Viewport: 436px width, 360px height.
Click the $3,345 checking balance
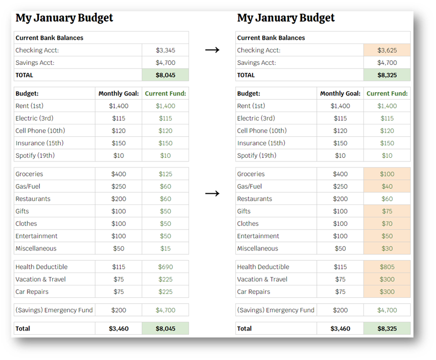click(x=165, y=50)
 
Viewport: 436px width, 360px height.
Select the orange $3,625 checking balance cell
click(x=387, y=50)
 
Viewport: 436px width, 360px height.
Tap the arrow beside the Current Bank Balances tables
click(x=213, y=50)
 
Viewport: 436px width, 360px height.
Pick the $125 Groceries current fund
click(x=165, y=174)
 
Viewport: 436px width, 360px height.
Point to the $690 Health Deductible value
click(x=165, y=267)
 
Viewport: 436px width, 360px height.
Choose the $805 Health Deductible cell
click(x=387, y=267)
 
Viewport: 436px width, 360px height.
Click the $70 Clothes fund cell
click(x=387, y=224)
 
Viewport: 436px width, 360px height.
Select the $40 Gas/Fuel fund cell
click(x=387, y=187)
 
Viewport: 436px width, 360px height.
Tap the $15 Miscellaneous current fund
click(x=165, y=248)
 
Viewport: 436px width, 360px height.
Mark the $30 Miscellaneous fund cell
click(x=387, y=248)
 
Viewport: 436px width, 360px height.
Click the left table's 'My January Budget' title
click(x=64, y=18)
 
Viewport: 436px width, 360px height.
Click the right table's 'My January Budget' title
click(x=286, y=18)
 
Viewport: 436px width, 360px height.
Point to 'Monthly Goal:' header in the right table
click(x=340, y=93)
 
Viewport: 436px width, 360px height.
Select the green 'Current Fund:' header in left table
click(x=165, y=93)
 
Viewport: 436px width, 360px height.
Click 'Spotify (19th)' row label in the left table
click(x=35, y=156)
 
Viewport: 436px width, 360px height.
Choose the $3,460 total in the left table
click(x=119, y=328)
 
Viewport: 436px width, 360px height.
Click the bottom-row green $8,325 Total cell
click(x=387, y=328)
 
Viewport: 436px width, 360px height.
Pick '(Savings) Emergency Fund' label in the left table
click(x=54, y=310)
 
